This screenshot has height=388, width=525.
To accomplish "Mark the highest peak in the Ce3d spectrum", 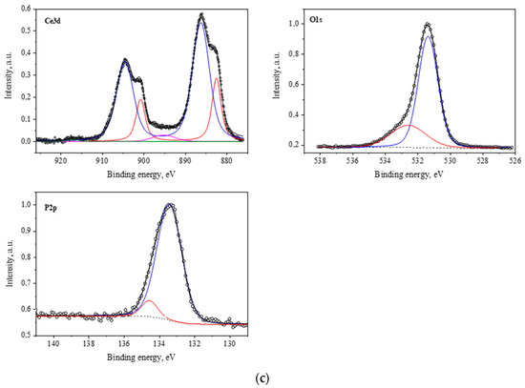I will coord(201,15).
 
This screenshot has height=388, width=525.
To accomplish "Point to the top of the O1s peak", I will coord(427,25).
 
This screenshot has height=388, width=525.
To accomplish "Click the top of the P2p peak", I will coord(170,204).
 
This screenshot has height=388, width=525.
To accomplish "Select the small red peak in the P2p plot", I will coord(149,301).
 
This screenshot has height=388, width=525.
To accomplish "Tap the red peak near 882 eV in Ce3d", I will coord(218,79).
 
